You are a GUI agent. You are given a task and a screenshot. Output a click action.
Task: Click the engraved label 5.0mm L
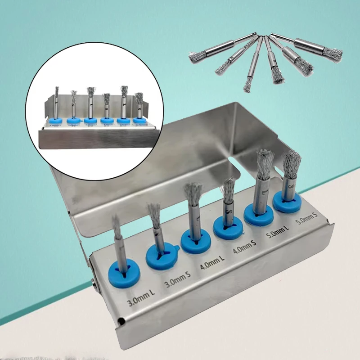[x=276, y=235]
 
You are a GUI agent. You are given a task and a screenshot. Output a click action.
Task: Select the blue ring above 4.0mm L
[x=196, y=241]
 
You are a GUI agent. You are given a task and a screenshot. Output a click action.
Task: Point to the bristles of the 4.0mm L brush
[x=193, y=192]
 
